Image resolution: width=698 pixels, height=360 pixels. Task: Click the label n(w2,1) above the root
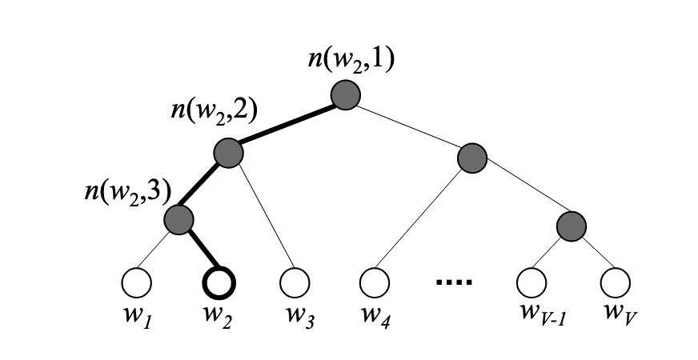pos(351,62)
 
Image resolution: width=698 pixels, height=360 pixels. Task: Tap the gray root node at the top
pos(347,94)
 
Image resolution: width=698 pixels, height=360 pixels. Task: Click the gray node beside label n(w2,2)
pos(228,151)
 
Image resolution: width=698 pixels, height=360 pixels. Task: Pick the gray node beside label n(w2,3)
pos(179,218)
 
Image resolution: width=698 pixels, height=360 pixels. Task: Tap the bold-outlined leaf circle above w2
pos(218,282)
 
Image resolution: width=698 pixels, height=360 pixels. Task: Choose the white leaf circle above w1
pos(137,282)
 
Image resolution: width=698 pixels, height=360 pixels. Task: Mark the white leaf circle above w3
pos(295,282)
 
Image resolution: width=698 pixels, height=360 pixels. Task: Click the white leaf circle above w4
pos(374,282)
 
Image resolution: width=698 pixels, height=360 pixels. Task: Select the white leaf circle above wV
pos(615,282)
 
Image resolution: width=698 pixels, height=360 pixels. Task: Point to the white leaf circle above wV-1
pos(531,282)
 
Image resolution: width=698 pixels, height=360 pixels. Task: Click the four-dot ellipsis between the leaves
pos(454,282)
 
